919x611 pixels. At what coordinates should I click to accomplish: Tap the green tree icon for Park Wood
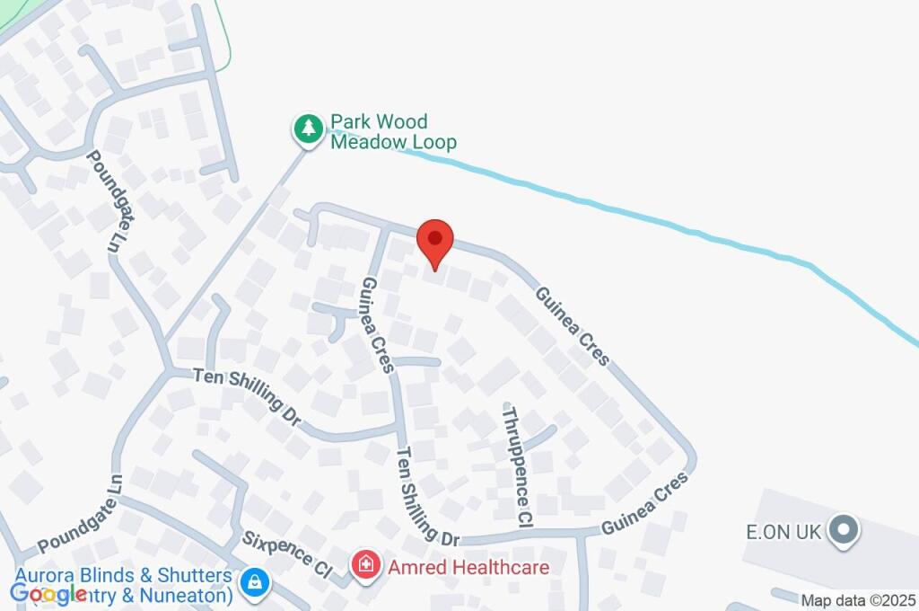[x=309, y=129]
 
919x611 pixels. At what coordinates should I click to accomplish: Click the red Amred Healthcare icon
[x=365, y=566]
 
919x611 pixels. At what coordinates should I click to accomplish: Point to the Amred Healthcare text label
[x=468, y=567]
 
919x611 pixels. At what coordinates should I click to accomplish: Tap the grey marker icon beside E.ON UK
[x=843, y=530]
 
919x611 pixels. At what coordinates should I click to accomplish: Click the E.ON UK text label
[x=784, y=532]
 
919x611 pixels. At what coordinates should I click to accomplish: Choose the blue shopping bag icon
[x=256, y=581]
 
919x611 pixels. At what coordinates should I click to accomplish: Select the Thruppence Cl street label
[x=518, y=465]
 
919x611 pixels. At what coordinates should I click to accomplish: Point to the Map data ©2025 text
[x=858, y=600]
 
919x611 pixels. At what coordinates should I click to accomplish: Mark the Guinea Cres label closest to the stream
[x=572, y=325]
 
